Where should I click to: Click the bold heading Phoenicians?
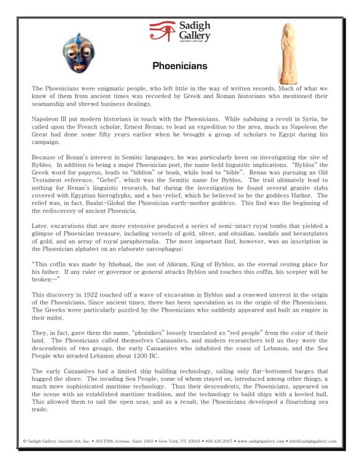[x=180, y=66]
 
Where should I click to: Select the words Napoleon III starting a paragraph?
[x=53, y=116]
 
